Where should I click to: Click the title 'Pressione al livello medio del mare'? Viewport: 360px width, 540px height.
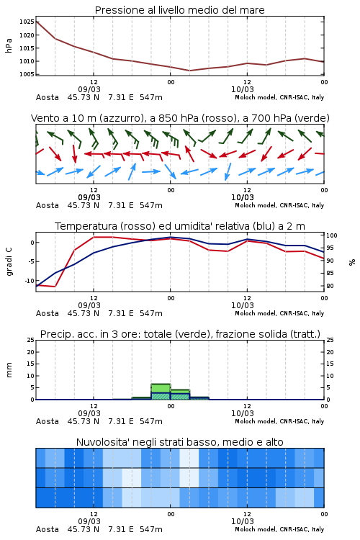coord(179,10)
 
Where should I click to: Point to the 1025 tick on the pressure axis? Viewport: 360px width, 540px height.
coord(27,22)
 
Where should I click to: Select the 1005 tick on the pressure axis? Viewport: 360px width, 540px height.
coord(27,74)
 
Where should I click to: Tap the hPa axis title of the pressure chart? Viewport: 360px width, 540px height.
coord(9,45)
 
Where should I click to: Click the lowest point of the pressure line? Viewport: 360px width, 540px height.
coord(189,71)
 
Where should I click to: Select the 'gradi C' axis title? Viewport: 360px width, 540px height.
coord(9,262)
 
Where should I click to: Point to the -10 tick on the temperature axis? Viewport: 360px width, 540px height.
coord(30,281)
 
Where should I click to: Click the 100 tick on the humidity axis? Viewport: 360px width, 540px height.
coord(332,235)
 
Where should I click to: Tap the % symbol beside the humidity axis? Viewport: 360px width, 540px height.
coord(352,262)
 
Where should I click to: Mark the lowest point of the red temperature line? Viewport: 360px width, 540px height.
coord(55,286)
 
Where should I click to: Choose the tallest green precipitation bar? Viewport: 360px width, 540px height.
coord(161,392)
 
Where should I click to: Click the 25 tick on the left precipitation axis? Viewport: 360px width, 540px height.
coord(31,340)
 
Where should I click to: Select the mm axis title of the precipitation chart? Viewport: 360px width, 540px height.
coord(9,370)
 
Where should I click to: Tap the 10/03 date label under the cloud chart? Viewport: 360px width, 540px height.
coord(243,521)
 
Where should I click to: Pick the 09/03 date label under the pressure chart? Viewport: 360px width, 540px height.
coord(89,89)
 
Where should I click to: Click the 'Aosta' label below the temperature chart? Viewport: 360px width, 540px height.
coord(48,313)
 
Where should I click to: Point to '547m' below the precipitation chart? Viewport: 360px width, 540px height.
coord(151,421)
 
